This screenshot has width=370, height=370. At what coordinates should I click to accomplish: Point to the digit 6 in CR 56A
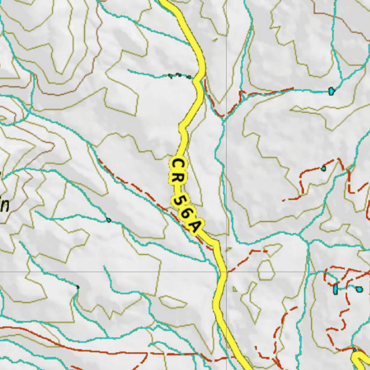[x=185, y=214]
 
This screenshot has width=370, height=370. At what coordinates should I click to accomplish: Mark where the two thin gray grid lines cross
[x=227, y=271]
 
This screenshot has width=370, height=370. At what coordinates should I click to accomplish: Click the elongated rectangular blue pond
[x=336, y=289]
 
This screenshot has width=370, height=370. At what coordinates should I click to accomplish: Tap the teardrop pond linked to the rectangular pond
[x=359, y=289]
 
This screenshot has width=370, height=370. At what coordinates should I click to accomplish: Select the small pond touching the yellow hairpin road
[x=354, y=350]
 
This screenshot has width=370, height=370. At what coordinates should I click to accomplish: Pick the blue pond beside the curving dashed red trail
[x=323, y=168]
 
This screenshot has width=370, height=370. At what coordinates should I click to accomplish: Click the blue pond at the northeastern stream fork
[x=331, y=91]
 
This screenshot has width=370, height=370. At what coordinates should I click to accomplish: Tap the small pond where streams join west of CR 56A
[x=108, y=220]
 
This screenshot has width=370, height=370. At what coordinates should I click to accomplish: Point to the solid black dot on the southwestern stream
[x=78, y=287]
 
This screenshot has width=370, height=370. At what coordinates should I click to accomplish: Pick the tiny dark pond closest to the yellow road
[x=189, y=77]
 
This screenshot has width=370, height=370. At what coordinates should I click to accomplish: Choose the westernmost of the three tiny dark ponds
[x=170, y=75]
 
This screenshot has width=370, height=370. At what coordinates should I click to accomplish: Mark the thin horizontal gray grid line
[x=108, y=271]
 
